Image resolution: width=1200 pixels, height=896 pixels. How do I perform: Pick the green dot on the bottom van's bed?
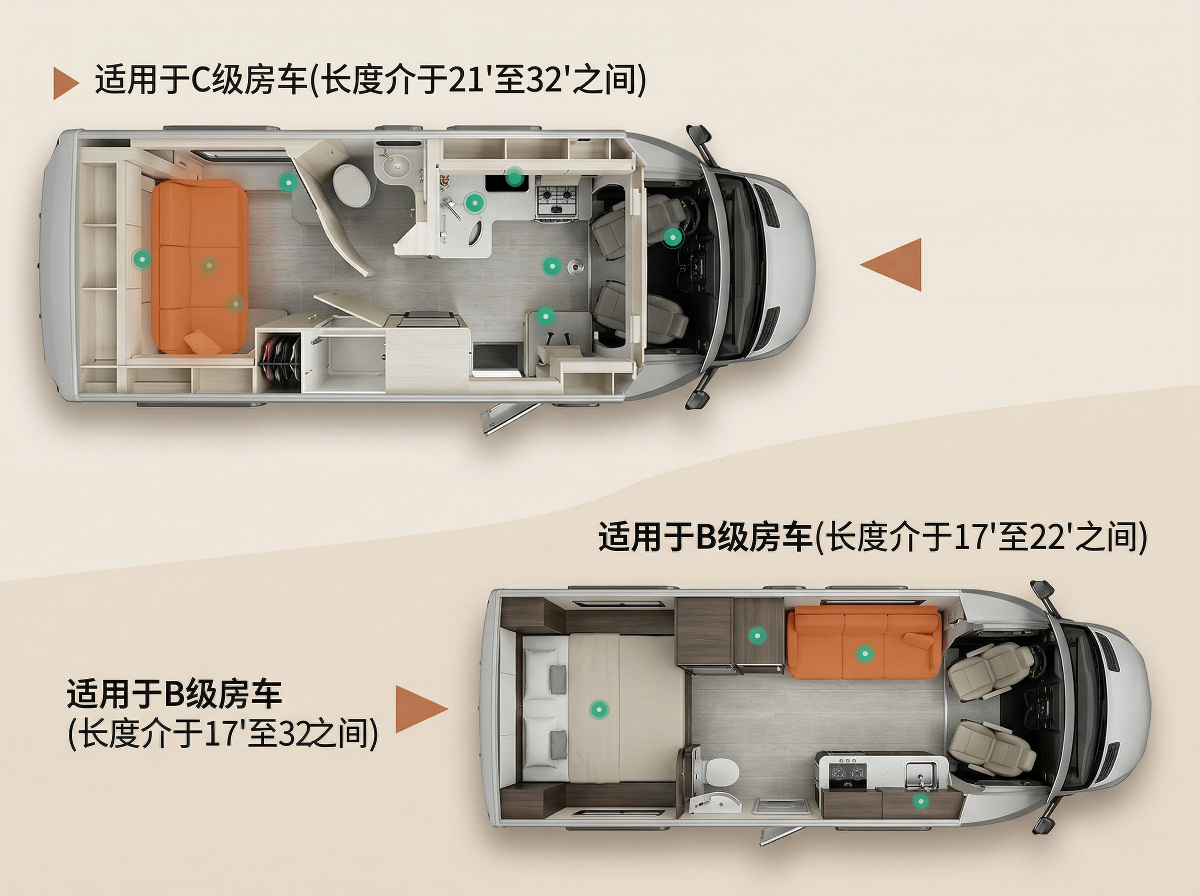coord(598,708)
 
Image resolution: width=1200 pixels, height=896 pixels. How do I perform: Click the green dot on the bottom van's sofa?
coord(864,653)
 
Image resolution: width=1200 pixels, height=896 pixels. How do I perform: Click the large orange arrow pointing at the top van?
coord(891,264)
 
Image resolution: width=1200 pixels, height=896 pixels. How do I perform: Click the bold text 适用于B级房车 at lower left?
coord(174,695)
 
